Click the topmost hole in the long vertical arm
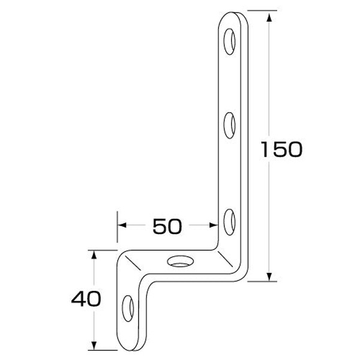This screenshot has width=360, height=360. point(230,41)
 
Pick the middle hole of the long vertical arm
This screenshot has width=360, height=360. point(229,126)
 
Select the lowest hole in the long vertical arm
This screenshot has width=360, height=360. point(229,220)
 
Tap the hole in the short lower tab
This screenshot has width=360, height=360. point(128,308)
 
